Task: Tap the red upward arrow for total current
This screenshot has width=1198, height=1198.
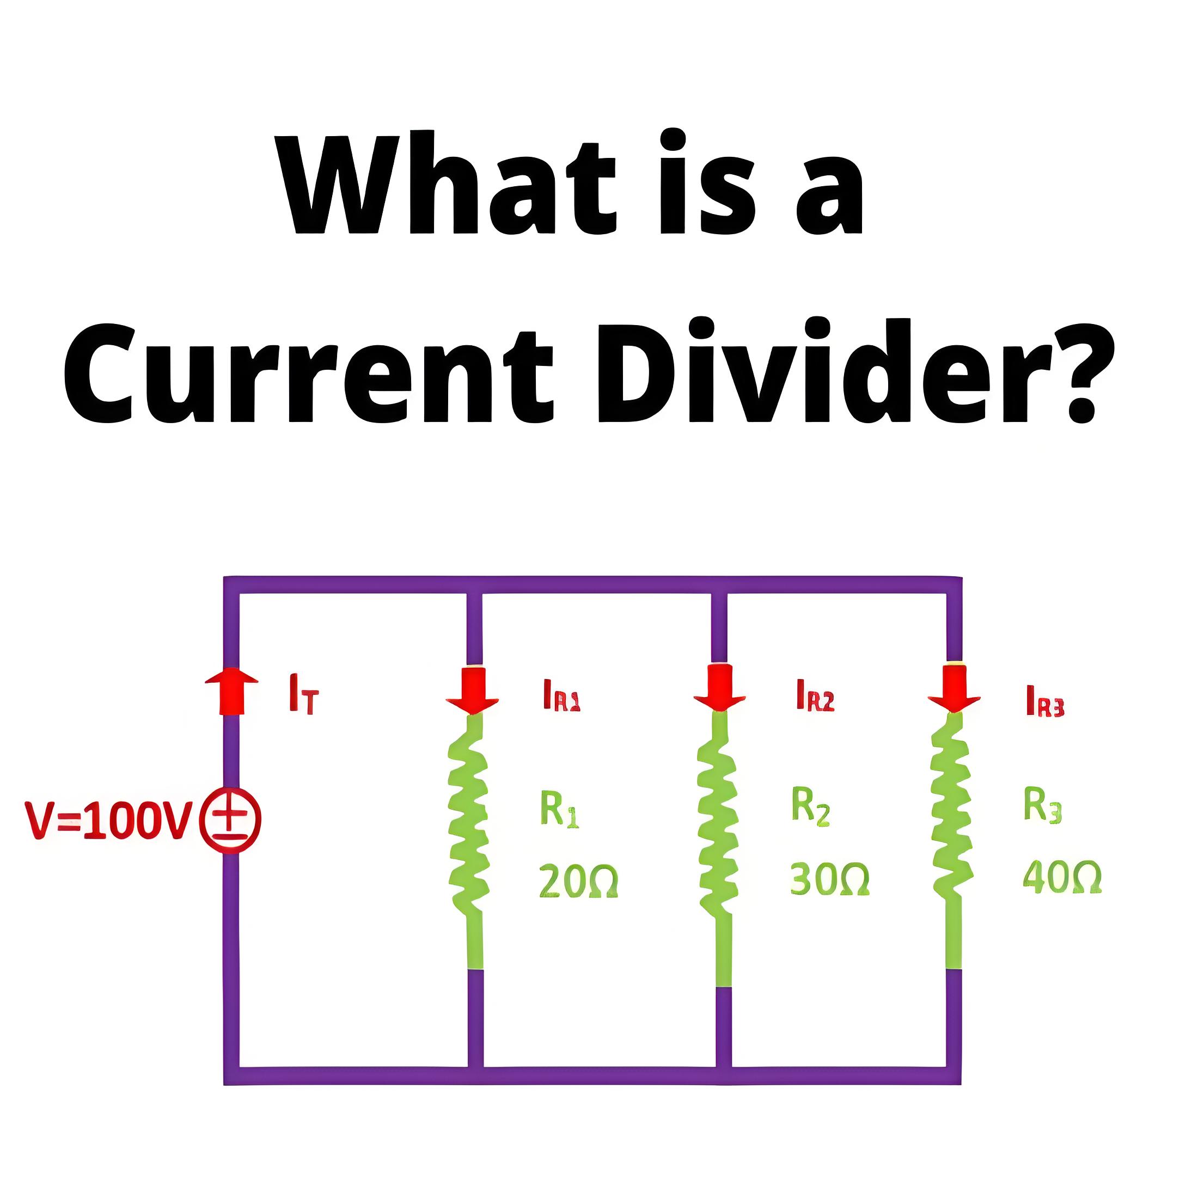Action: coord(231,692)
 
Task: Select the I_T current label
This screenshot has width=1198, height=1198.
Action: coord(303,694)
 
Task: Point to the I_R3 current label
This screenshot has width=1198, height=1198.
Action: coord(1045,701)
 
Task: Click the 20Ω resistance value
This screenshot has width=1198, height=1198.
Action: coord(578,881)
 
